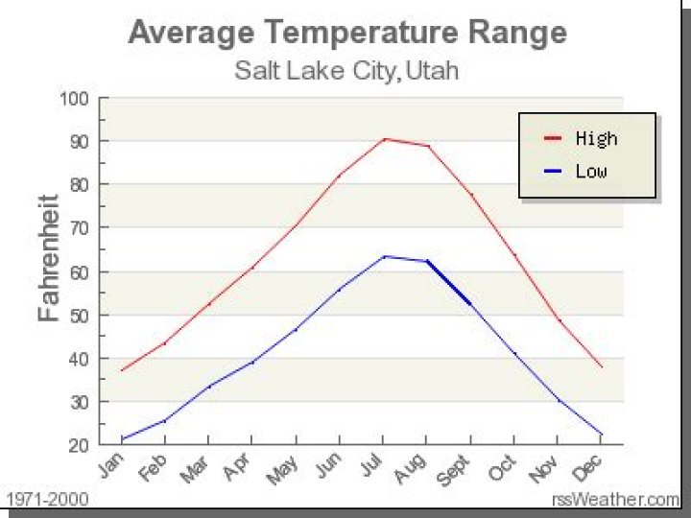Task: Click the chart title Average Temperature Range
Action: [346, 33]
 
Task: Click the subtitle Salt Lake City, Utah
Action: [346, 70]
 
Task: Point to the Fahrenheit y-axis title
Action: [49, 259]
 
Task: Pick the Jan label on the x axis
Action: [110, 465]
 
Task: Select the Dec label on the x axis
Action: [588, 466]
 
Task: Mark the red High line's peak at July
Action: [385, 139]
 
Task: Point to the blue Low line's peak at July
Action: [385, 256]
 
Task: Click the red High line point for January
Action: [122, 370]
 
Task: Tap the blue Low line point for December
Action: [602, 435]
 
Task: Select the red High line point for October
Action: [515, 255]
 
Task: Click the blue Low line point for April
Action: [252, 362]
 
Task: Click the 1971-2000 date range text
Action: [47, 500]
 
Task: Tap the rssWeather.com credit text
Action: [615, 500]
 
